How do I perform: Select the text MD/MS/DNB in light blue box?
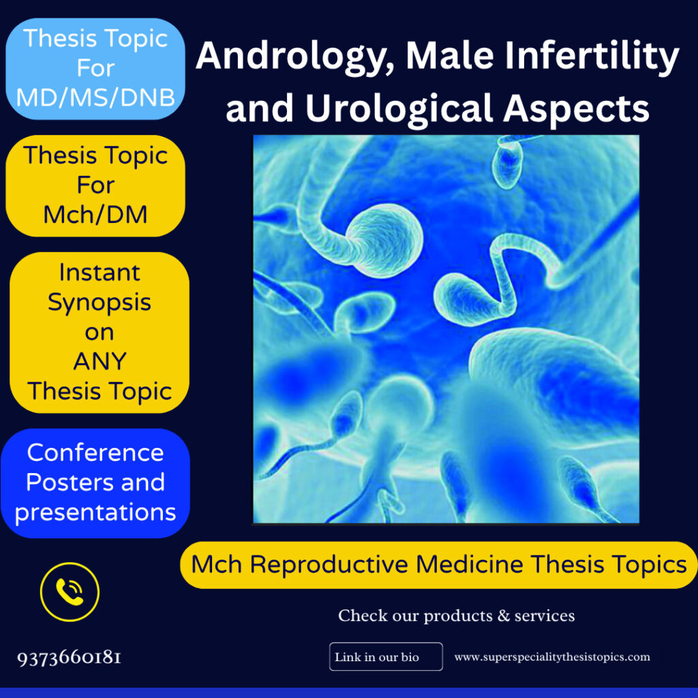click(x=95, y=97)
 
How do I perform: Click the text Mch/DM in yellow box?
click(x=95, y=215)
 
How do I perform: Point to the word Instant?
click(x=100, y=272)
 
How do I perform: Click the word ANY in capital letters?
click(x=100, y=361)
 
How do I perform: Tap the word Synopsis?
click(x=100, y=302)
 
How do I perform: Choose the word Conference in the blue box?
click(x=95, y=453)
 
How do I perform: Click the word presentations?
click(x=95, y=512)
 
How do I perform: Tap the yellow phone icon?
click(x=70, y=592)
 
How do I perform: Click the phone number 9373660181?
click(x=70, y=658)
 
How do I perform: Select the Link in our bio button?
click(x=386, y=657)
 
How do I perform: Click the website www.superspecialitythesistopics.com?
click(x=552, y=657)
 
